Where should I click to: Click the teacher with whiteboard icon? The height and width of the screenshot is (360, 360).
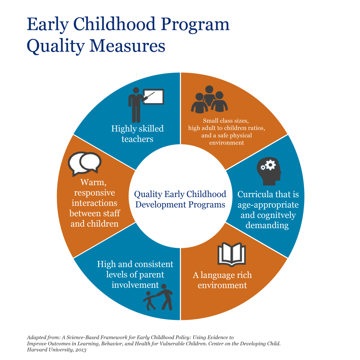point(146,105)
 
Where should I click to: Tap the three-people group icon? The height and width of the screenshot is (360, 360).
point(209,99)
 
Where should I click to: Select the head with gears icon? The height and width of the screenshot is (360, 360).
point(269,171)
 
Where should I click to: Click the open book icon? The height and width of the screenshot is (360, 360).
point(231,255)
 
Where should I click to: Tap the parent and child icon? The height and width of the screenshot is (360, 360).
point(158,297)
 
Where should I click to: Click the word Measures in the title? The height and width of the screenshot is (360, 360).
point(127,46)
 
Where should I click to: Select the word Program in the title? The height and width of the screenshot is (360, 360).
point(195,24)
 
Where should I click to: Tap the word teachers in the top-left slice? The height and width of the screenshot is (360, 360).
point(137,139)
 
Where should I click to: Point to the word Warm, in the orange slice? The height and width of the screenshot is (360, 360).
point(94,182)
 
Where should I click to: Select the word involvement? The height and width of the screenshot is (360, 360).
point(135,285)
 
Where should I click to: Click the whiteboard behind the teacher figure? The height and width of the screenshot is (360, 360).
point(154,97)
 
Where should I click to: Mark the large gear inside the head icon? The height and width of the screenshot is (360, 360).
point(271,165)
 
